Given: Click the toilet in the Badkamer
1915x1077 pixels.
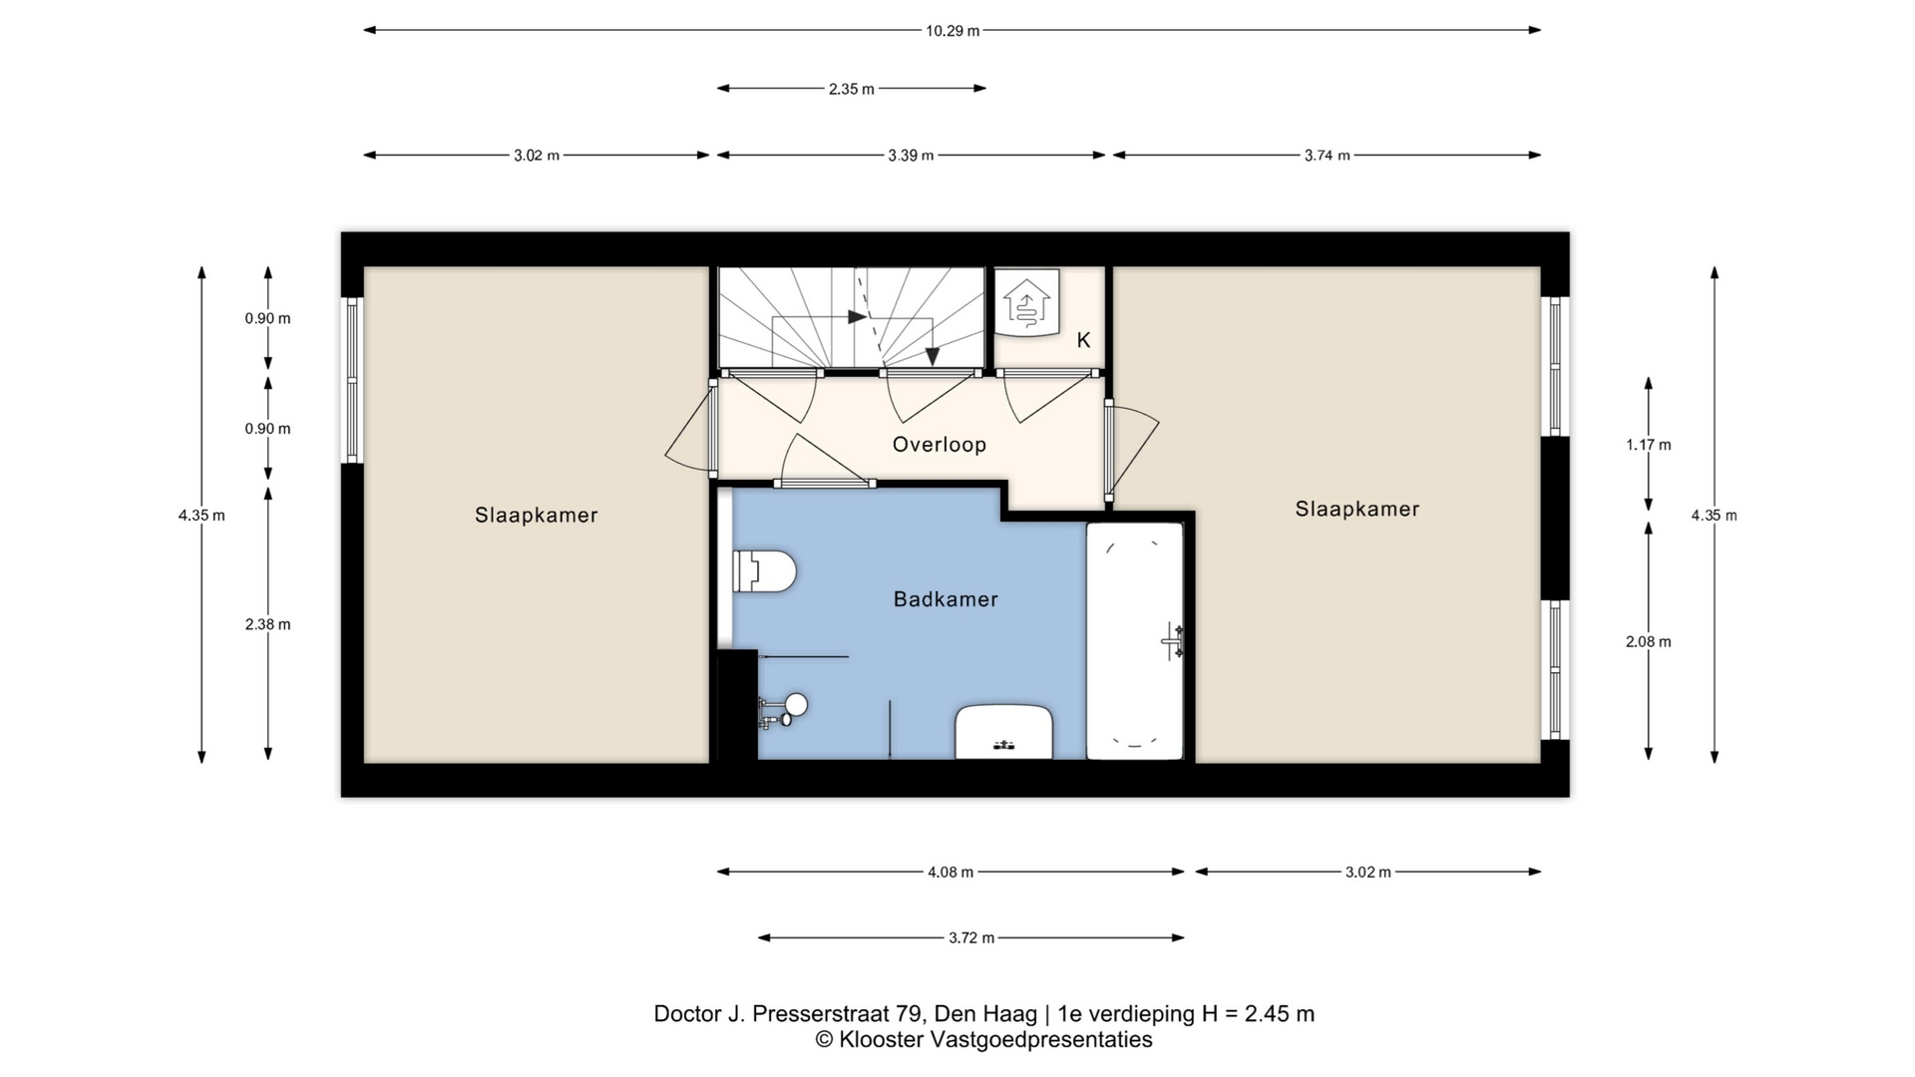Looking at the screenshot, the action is pos(764,571).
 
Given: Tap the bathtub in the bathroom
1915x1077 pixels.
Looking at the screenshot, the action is pos(1134,640).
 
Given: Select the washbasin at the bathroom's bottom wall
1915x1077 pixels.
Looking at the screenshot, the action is pos(1004,732).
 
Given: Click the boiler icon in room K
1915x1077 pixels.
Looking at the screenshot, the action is pos(1026,303).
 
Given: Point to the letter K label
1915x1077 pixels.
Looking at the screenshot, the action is pos(1083,340).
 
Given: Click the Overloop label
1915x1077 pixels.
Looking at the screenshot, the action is pos(940,445).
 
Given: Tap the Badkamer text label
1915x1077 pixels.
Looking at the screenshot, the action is pos(946,599).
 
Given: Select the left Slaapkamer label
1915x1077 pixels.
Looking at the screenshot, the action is pos(537,516).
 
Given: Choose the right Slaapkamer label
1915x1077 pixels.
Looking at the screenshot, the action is pos(1357,509).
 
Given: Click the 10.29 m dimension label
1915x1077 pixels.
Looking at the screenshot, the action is pos(953,31).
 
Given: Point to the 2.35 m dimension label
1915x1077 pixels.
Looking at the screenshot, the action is pos(852,89).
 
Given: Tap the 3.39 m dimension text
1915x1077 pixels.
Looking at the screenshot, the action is pos(912,156).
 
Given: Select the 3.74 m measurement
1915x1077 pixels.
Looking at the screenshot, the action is pos(1328,156).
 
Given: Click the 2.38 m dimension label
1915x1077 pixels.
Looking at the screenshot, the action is pos(268,624).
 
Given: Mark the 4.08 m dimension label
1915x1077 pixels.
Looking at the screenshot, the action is pos(951,873).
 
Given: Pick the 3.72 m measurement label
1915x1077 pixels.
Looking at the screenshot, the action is pos(971,938).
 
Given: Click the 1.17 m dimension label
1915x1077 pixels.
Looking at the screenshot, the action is pos(1649,445).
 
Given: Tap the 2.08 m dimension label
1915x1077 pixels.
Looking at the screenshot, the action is pos(1649,642).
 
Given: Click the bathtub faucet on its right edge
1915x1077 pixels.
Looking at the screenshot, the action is pos(1174,641).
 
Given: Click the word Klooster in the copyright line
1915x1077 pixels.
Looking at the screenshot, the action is pos(882,1040).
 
